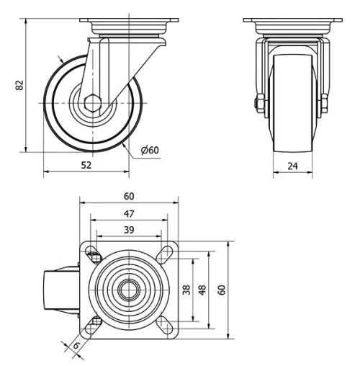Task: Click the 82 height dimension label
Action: click(x=20, y=85)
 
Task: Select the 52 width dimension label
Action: click(x=86, y=165)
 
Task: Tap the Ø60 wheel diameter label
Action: click(x=150, y=150)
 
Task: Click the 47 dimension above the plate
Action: click(x=128, y=213)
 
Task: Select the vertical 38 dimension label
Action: click(x=186, y=290)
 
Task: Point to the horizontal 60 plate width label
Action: click(x=129, y=196)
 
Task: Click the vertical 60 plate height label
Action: click(x=222, y=290)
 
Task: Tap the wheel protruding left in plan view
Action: click(x=61, y=291)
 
